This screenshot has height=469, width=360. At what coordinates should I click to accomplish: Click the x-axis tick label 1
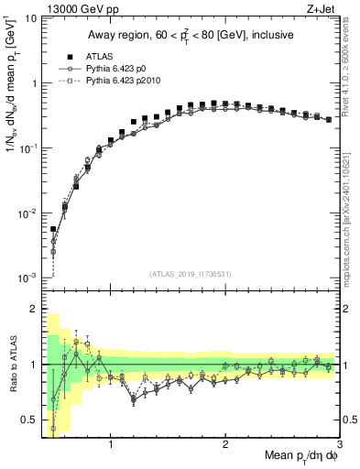click(x=111, y=446)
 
